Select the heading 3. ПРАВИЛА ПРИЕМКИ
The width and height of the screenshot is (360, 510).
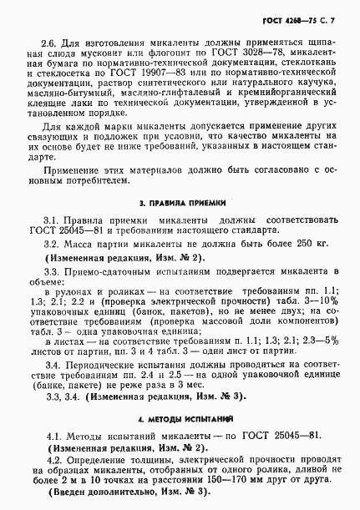pyautogui.click(x=181, y=202)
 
